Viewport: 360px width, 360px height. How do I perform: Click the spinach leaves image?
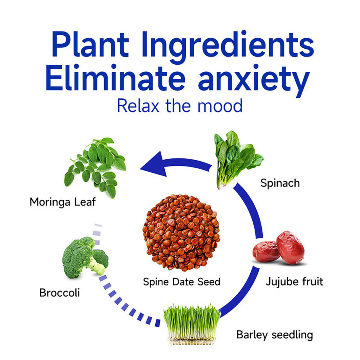[234, 157]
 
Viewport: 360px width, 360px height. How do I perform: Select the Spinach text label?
[280, 183]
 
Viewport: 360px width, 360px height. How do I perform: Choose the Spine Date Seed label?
[181, 281]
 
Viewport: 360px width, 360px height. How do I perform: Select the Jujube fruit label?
[294, 281]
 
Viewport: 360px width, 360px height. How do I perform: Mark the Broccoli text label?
[59, 292]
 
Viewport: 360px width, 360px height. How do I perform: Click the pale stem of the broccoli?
[96, 268]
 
